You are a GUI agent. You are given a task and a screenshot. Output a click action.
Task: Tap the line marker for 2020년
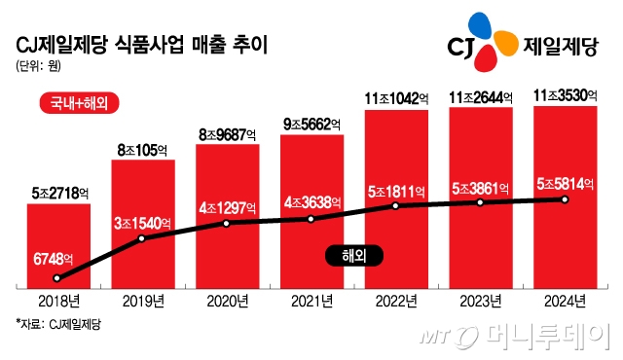227,223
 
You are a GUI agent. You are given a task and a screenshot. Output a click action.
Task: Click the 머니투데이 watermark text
545,337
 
